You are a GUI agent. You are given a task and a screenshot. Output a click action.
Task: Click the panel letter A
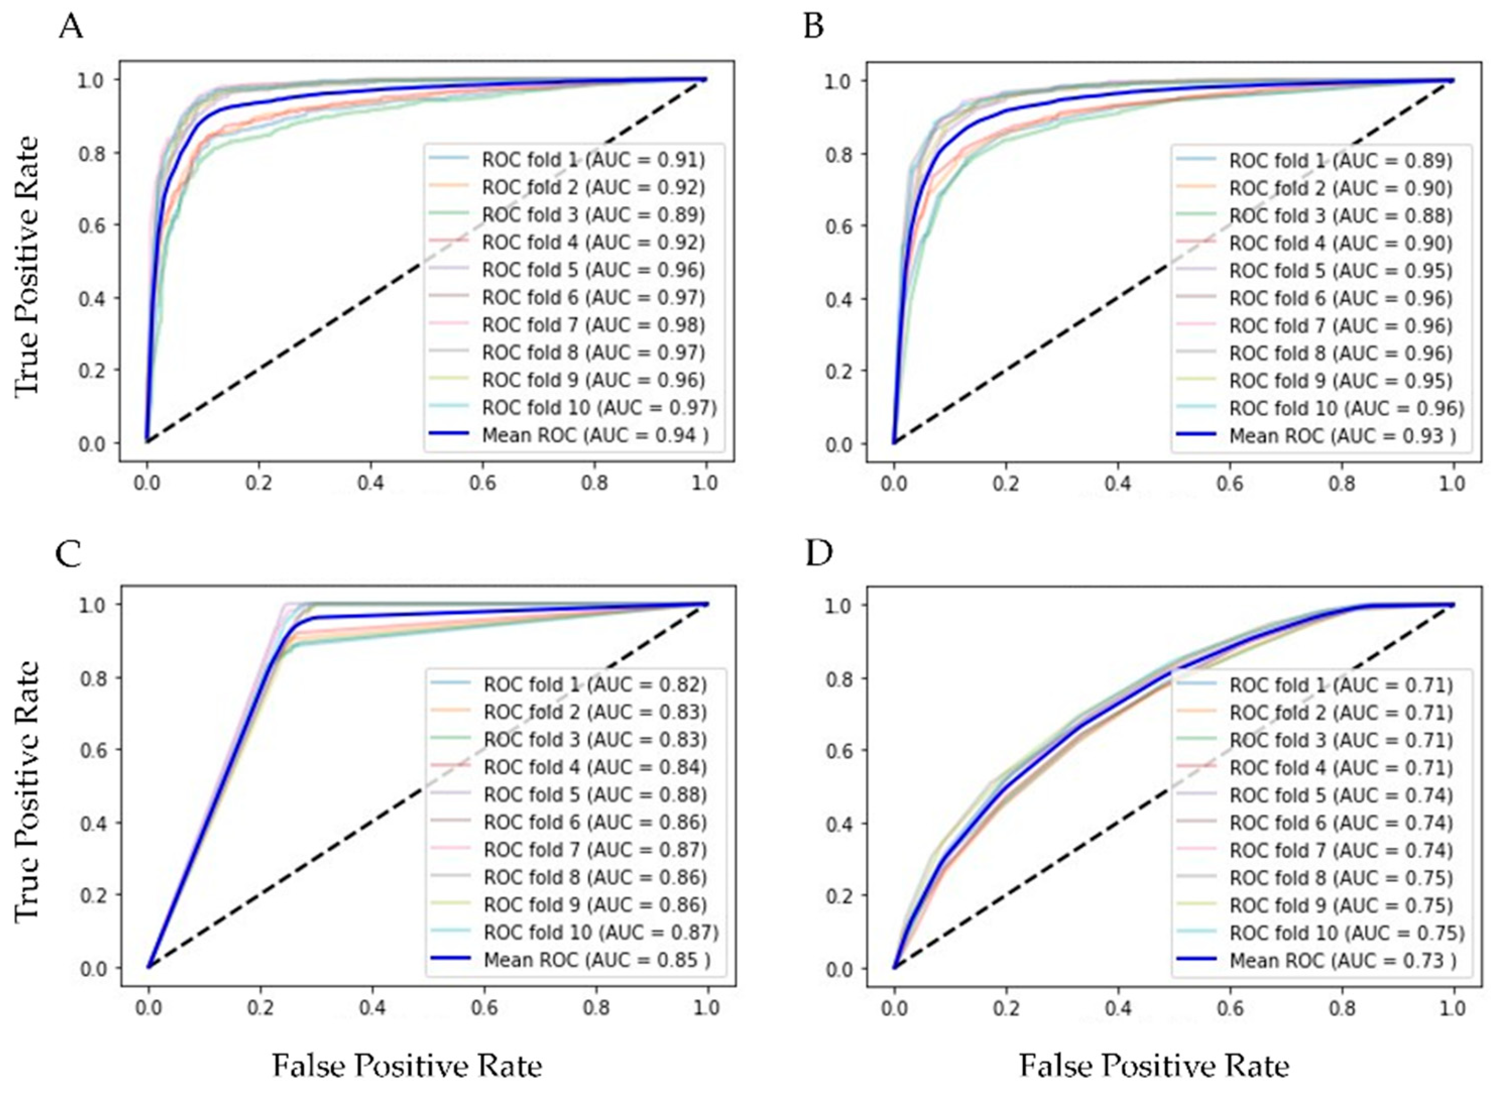coord(71,28)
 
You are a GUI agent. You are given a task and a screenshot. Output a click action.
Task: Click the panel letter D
coord(818,554)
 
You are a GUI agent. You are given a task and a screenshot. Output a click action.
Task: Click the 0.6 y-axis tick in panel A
coord(93,225)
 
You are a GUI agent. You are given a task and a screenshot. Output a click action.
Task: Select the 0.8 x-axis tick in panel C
coord(596,1008)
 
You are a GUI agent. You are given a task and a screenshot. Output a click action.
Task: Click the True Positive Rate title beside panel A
coord(27,265)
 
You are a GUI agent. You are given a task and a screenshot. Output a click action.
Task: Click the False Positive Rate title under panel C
coord(407,1066)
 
